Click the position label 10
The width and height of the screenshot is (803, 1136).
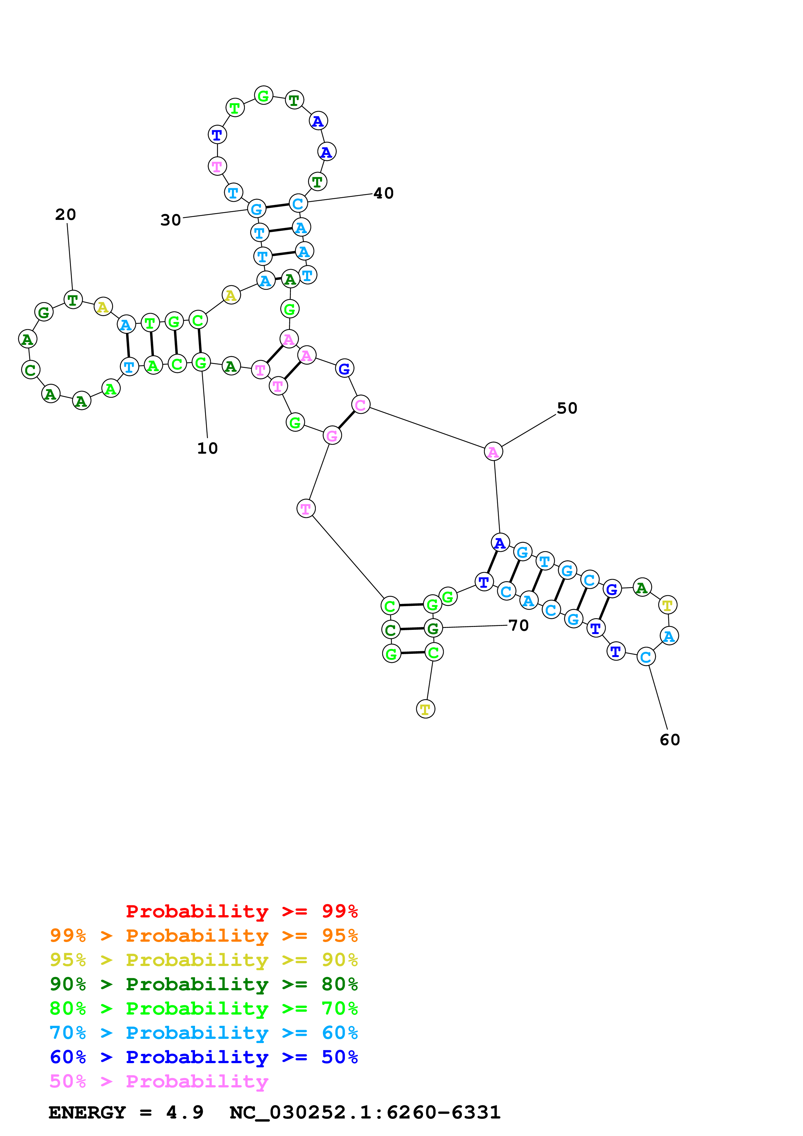(207, 448)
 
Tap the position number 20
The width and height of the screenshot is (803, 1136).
(66, 215)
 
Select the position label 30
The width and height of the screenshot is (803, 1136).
(171, 220)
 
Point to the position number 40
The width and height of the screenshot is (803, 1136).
(384, 193)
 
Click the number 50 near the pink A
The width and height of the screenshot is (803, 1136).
(567, 408)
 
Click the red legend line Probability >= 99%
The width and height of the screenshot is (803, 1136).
(241, 911)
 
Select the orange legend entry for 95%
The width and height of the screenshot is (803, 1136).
(203, 936)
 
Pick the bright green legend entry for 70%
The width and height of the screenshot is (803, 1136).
(203, 1008)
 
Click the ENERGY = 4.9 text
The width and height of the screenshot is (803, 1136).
(126, 1112)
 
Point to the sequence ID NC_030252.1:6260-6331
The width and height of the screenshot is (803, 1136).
(365, 1112)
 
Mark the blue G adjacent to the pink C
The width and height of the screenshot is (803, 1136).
(344, 368)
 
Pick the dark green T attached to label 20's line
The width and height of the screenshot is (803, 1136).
(73, 299)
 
